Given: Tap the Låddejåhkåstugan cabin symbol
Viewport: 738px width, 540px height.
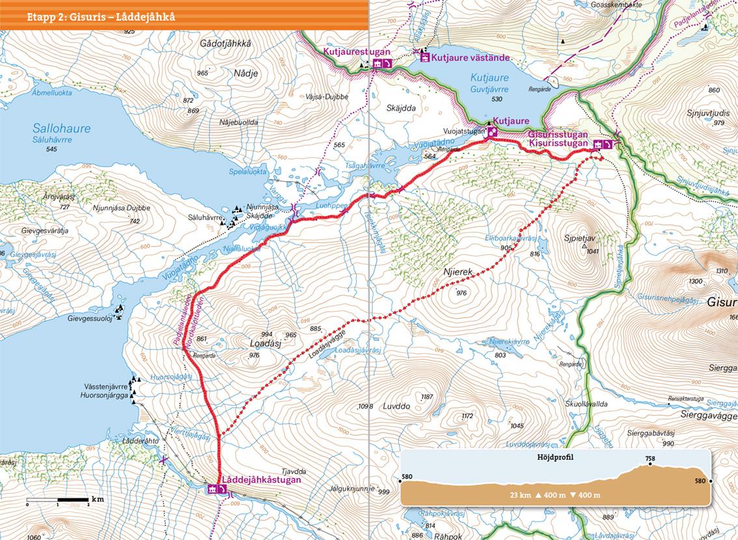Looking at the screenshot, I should pos(213,489).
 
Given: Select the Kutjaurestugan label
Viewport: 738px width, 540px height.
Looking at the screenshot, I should pos(356,51).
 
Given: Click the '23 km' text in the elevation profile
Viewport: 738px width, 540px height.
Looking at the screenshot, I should pos(521,496).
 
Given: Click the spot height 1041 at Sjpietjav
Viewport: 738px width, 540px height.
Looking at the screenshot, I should pos(592,251).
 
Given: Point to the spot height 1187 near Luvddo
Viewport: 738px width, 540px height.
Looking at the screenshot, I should pos(427,397).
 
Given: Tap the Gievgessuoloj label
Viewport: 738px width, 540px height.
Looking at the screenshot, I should pos(90,319).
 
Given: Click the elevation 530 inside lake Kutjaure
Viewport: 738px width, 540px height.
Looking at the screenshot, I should pos(498,99).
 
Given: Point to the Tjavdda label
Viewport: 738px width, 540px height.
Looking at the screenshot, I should pos(294,472).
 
